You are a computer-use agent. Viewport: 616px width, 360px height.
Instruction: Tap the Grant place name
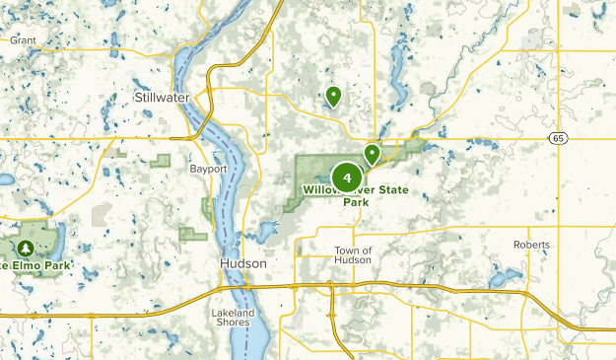click(x=23, y=40)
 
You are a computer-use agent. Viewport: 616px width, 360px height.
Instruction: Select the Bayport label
click(x=208, y=169)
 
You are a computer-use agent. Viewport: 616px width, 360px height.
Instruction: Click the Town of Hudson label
click(x=353, y=254)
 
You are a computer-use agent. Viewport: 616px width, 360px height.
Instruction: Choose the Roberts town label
click(x=531, y=245)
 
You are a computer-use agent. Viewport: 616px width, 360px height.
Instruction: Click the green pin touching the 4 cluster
click(x=372, y=153)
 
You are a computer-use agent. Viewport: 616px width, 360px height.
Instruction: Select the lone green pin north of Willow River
click(x=333, y=96)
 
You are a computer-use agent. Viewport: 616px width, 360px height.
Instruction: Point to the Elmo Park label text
click(x=39, y=265)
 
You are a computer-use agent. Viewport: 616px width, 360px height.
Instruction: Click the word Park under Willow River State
click(x=357, y=202)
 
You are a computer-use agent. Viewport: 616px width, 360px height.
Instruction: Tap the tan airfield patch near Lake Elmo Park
click(x=102, y=214)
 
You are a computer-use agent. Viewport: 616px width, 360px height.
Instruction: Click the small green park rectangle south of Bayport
click(x=194, y=233)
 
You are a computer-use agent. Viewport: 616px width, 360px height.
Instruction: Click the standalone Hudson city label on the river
click(x=240, y=265)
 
